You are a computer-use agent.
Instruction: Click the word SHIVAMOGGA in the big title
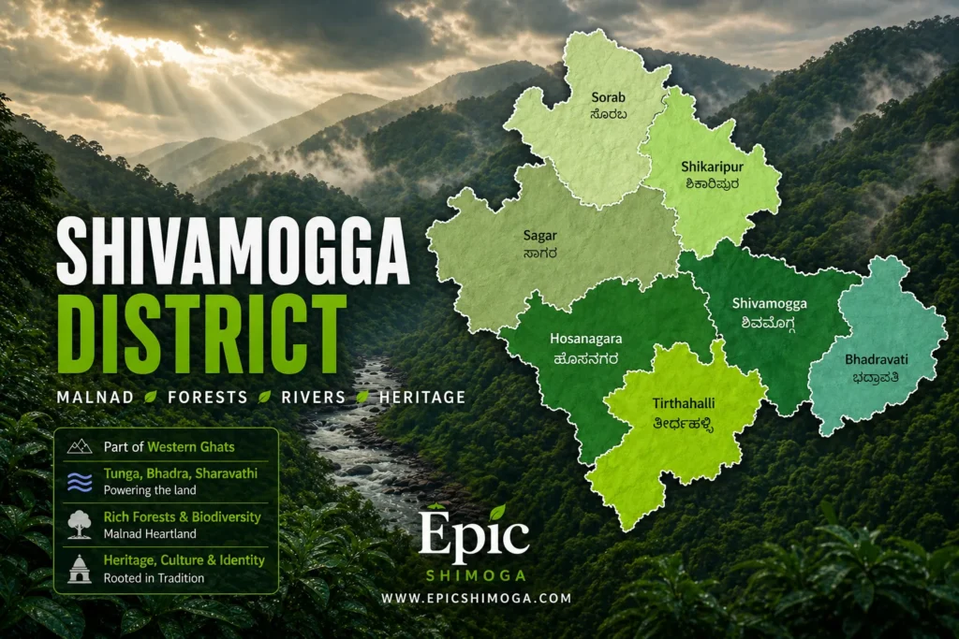[x=233, y=253]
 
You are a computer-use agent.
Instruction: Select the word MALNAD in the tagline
[x=94, y=398]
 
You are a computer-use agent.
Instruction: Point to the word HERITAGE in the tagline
[x=422, y=398]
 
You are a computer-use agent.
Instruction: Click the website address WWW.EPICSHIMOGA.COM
[x=476, y=597]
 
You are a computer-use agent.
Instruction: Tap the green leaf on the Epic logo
[x=497, y=512]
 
